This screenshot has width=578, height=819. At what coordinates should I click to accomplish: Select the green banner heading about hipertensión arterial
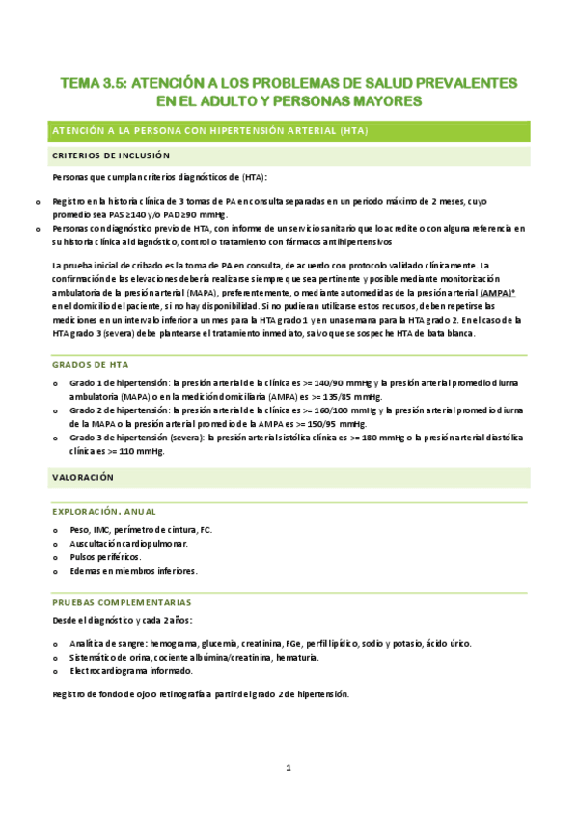(211, 130)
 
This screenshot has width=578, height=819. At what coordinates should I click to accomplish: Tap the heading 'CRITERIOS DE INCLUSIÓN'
(111, 155)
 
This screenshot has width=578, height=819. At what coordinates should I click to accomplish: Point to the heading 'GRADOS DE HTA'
(92, 365)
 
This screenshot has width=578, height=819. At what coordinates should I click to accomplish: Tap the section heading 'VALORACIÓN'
(83, 477)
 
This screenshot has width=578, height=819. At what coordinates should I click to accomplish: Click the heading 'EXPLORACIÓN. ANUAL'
(104, 511)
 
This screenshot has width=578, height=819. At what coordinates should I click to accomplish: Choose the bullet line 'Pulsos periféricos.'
(106, 557)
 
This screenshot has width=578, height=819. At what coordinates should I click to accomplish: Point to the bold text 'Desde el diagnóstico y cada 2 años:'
(123, 619)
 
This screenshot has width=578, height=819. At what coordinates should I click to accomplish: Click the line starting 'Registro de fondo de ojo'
(200, 694)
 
